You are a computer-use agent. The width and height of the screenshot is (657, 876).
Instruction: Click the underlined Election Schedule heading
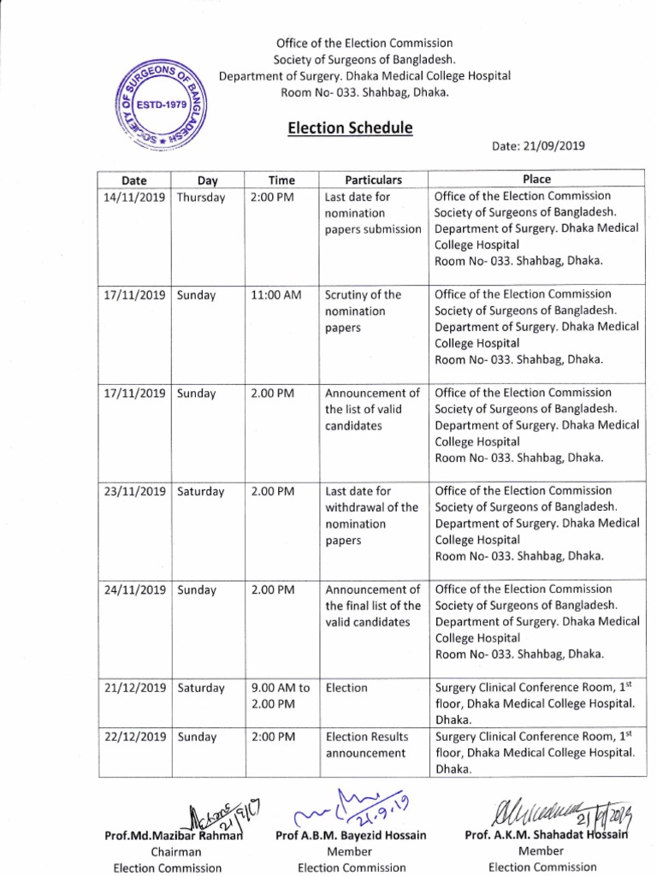click(x=349, y=128)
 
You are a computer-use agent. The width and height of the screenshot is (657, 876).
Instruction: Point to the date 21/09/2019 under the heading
click(x=538, y=146)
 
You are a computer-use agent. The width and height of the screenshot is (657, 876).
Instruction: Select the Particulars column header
click(x=372, y=180)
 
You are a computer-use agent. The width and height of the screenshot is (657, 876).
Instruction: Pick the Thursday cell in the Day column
click(x=201, y=197)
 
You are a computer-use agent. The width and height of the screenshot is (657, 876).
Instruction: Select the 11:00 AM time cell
click(x=276, y=294)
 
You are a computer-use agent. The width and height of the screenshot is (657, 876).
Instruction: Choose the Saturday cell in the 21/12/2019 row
click(x=201, y=688)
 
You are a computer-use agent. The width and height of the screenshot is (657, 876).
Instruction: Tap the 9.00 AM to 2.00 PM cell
click(x=281, y=695)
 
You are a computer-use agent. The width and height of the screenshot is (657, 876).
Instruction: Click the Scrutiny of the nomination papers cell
click(x=363, y=311)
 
